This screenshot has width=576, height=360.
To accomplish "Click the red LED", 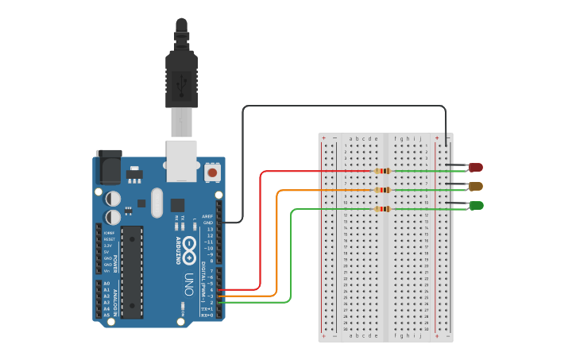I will [475, 167].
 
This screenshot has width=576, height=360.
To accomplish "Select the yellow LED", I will [475, 186].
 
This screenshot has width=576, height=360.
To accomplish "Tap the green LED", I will [475, 206].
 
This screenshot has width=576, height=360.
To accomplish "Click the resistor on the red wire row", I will [382, 171].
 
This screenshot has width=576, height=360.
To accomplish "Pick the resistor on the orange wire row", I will [382, 190].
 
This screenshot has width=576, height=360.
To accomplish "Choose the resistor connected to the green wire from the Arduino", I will [382, 209].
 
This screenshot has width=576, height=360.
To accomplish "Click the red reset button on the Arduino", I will [212, 172].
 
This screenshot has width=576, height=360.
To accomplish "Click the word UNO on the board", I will [189, 283].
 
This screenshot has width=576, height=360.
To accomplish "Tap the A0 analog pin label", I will [106, 283].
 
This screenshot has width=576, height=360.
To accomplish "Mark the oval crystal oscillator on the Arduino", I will [155, 203].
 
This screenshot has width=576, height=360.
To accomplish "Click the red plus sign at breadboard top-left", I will [323, 137].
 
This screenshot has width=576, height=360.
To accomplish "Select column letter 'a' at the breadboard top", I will [351, 137].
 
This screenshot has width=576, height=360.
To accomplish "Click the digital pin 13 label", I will [210, 229].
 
